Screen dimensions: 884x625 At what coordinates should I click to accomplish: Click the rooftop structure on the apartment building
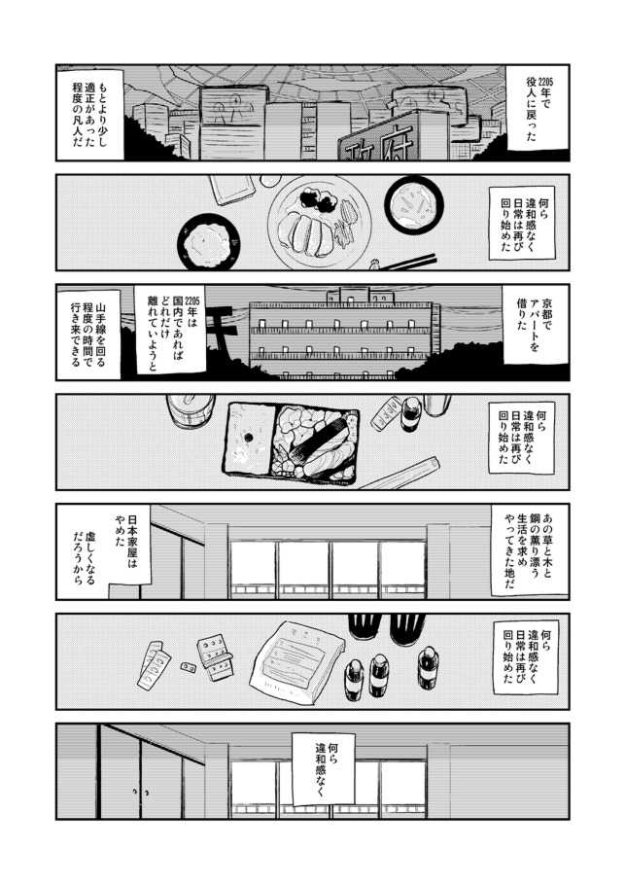tap(349, 295)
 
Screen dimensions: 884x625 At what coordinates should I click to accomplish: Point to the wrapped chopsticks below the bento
tap(400, 475)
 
